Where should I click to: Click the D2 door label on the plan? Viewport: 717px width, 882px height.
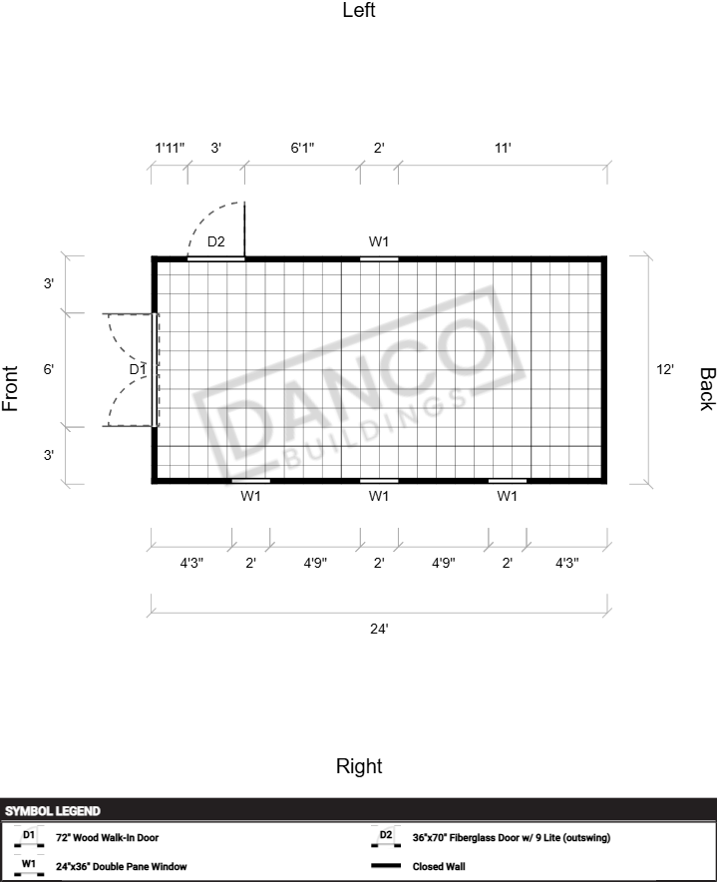(x=216, y=241)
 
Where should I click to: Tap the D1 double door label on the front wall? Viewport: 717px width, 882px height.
(x=138, y=369)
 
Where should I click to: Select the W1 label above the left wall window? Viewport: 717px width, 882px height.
(x=379, y=241)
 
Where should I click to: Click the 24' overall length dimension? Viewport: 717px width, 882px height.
(x=379, y=629)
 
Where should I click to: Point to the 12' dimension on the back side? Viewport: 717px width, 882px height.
(x=665, y=369)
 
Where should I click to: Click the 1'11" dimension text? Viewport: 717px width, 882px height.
(x=170, y=148)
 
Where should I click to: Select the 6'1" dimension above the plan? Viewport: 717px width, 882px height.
(x=302, y=148)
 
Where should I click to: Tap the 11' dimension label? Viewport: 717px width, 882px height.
(x=503, y=148)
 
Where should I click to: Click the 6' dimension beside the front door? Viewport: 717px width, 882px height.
(x=49, y=369)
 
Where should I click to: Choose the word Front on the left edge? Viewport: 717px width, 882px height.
(x=10, y=388)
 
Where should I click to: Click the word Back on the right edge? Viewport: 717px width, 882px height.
(x=707, y=389)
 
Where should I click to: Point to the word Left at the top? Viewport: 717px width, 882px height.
(x=359, y=10)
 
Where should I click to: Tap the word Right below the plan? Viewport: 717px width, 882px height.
(x=359, y=766)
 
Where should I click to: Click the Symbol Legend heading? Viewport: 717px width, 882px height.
(x=52, y=811)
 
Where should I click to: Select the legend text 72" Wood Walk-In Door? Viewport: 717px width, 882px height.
(x=107, y=837)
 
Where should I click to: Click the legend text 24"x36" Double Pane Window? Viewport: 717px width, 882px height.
(x=121, y=867)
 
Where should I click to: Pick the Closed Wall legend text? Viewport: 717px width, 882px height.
(x=439, y=867)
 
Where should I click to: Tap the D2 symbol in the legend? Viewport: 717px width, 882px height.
(x=386, y=837)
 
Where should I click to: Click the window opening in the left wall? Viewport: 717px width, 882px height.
(x=379, y=259)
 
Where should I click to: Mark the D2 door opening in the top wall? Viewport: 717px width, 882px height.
(x=216, y=258)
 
